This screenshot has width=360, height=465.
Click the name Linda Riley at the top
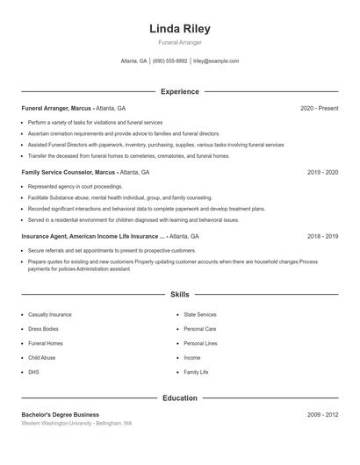(180, 29)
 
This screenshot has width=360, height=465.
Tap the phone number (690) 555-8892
(170, 61)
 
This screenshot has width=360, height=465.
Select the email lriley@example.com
(216, 61)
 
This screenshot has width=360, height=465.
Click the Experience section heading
(180, 91)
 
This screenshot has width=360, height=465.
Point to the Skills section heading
(180, 295)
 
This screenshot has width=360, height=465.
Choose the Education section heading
(180, 398)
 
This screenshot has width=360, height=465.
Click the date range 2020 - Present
(319, 108)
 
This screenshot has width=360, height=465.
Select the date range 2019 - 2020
(323, 173)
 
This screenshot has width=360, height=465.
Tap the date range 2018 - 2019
(323, 237)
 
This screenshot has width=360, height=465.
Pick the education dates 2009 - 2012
(323, 414)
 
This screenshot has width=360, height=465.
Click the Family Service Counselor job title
(68, 173)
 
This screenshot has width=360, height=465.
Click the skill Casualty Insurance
(50, 314)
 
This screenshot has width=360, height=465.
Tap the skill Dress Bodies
(45, 329)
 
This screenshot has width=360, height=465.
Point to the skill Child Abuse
(42, 358)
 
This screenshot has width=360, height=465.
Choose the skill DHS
(33, 372)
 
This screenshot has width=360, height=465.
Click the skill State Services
(200, 314)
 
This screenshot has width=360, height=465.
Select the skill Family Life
(196, 372)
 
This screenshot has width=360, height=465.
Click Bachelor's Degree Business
(61, 414)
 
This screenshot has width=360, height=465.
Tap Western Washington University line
(77, 423)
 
